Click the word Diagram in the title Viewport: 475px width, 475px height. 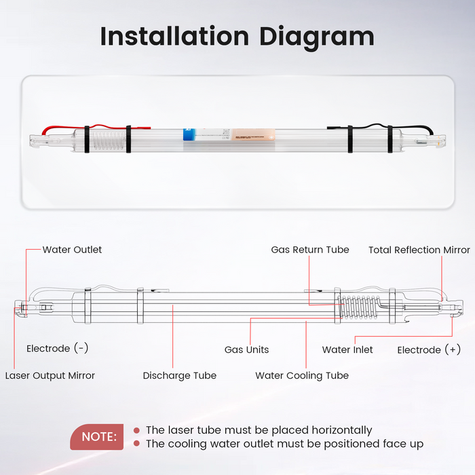(318, 36)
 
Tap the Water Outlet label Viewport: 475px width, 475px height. (72, 250)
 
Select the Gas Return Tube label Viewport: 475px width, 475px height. (310, 250)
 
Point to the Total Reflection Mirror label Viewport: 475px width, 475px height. (419, 250)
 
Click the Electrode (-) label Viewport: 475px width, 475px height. (57, 348)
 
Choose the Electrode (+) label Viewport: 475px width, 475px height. (428, 349)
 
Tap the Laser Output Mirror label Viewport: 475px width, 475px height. (50, 375)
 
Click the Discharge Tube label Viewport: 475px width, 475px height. (180, 375)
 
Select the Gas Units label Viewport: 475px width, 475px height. (246, 349)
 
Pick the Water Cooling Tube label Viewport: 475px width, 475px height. (302, 375)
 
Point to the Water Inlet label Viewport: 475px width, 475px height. (347, 349)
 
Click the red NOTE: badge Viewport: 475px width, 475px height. (98, 437)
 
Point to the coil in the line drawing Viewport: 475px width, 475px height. (357, 309)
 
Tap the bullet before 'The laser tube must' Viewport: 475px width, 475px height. (136, 430)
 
